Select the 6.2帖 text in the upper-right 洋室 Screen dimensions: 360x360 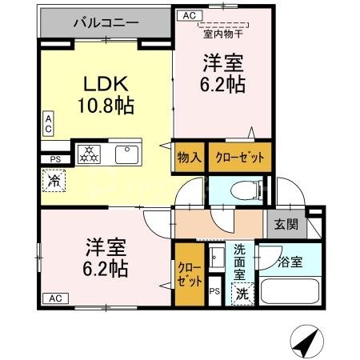pyautogui.click(x=222, y=83)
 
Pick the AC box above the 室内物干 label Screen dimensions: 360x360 pyautogui.click(x=188, y=14)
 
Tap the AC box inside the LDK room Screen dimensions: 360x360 pyautogui.click(x=48, y=124)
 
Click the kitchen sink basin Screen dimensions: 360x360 pyautogui.click(x=127, y=153)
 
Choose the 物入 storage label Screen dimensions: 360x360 pyautogui.click(x=189, y=157)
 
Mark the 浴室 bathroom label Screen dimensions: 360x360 pyautogui.click(x=290, y=262)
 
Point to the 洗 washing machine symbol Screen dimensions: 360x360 pyautogui.click(x=242, y=294)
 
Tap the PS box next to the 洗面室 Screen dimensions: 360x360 pyautogui.click(x=214, y=290)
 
